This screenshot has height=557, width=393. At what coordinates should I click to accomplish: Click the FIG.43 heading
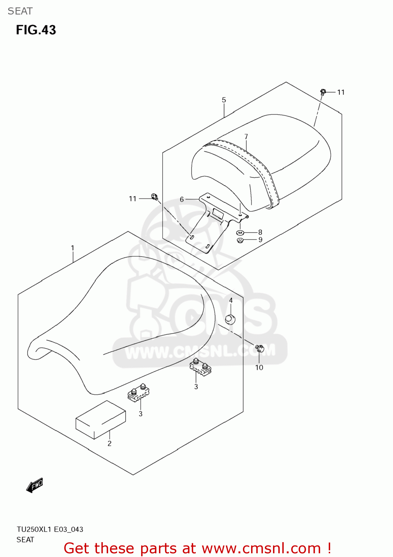36,30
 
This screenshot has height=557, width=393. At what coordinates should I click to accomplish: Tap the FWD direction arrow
35,485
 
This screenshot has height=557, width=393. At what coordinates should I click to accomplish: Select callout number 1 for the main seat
73,248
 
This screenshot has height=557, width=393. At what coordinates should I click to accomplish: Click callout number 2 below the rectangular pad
110,443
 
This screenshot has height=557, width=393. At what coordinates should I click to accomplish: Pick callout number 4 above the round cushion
231,300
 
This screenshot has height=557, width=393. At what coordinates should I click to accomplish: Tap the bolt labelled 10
260,349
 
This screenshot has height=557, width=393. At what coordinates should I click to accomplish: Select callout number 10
259,367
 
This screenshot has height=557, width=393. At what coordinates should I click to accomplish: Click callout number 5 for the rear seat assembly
224,100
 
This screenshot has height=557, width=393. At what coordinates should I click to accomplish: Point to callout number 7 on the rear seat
246,137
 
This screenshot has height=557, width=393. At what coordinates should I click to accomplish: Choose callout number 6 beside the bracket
182,199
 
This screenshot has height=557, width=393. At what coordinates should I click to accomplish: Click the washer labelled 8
240,233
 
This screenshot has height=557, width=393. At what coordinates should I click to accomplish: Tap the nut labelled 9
240,240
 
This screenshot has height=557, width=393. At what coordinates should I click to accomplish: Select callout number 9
260,240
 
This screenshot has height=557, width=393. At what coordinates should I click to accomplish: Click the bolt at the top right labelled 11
323,91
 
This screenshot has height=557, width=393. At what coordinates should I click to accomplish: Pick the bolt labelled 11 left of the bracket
155,197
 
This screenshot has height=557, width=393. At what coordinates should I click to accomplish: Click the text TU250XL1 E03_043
50,529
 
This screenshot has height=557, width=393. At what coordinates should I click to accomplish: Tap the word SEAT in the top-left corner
20,11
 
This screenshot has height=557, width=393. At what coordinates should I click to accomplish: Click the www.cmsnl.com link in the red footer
261,548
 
